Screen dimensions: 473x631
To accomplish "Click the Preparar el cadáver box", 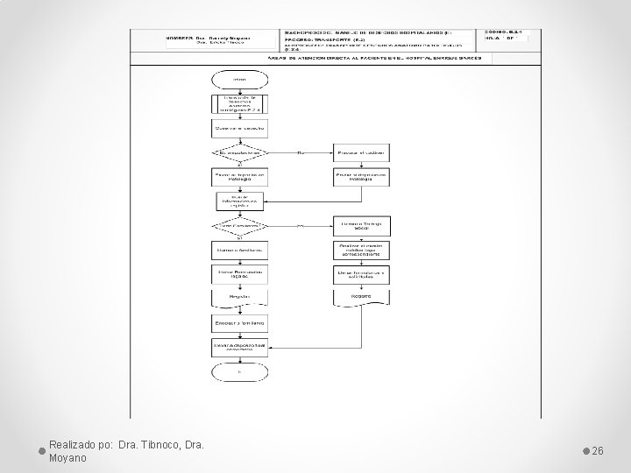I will (360, 152).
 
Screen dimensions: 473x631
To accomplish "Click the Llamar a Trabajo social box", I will (360, 225).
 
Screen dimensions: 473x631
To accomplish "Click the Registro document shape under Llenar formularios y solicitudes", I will (360, 298).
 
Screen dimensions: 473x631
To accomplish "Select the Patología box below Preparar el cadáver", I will (360, 176).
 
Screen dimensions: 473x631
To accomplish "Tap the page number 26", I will (599, 450).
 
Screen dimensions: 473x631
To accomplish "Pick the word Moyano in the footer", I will (67, 457).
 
